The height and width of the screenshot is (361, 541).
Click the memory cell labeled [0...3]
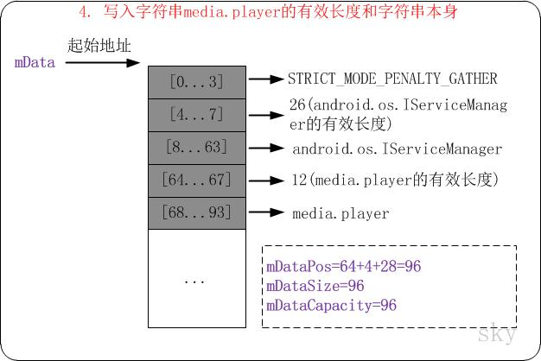tap(196, 81)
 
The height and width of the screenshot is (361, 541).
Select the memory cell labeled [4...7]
tap(196, 114)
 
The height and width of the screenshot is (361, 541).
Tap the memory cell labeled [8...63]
tap(196, 147)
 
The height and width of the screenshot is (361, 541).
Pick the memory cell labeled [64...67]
tap(196, 180)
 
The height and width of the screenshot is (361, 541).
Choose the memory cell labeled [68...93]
tap(196, 212)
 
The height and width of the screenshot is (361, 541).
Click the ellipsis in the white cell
tap(196, 281)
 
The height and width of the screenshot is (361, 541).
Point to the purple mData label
tap(35, 62)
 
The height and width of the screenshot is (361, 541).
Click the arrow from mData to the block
tap(101, 62)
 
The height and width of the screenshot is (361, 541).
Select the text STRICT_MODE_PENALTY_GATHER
tap(393, 79)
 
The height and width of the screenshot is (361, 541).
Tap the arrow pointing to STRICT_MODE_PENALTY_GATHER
tap(265, 79)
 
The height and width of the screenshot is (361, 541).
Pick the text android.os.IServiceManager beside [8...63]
tap(397, 149)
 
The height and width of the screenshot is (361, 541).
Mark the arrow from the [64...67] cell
tap(265, 180)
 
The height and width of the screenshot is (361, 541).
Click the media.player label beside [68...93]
tap(341, 212)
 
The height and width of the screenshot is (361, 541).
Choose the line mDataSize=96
tap(315, 286)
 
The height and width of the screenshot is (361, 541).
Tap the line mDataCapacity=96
tap(331, 305)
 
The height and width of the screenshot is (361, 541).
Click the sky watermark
tap(499, 332)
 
